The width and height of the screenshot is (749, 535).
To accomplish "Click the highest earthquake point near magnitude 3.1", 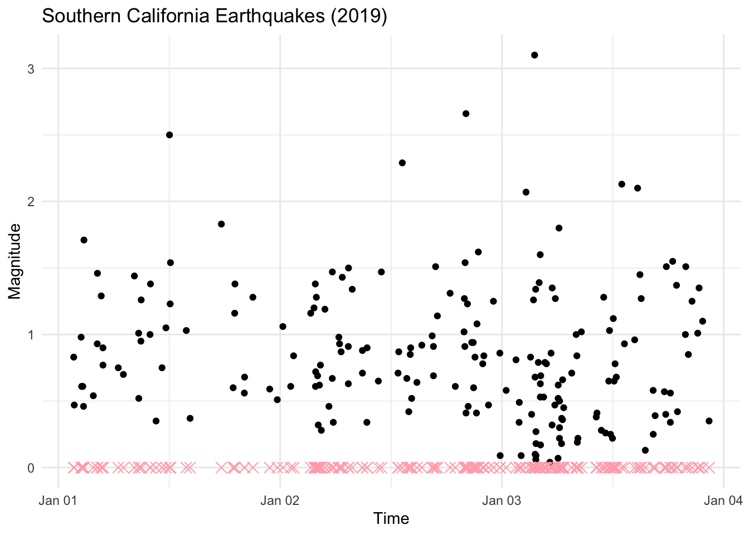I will pos(534,55).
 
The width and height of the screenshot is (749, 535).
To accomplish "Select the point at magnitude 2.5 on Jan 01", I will pos(169,135).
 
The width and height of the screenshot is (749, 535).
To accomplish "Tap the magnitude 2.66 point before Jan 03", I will pos(466,114).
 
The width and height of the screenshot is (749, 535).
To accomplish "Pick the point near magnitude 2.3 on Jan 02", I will pos(402,163).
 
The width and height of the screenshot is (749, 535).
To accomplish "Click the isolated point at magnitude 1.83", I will pos(221,224).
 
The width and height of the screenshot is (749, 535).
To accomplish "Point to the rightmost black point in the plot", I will pos(709,421).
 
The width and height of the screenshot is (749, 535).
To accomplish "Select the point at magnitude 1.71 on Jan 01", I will pos(84,240).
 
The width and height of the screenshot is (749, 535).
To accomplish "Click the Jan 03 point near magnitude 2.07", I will pos(526,192).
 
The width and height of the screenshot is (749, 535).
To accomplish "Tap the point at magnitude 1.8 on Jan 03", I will pos(559,228).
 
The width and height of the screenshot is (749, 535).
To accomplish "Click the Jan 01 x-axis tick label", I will pos(59,500).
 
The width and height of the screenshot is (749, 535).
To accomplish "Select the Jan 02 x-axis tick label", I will pos(280,500).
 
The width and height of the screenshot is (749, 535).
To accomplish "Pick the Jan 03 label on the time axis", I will pos(502,500).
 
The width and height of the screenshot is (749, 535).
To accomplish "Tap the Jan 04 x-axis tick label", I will pos(723,500).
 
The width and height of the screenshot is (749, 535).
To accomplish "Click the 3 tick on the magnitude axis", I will pos(31,69).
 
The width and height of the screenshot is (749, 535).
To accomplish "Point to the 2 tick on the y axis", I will pos(31,202).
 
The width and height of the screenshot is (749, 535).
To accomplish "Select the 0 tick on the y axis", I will pos(31,468).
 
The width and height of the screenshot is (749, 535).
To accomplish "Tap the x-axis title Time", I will pos(391,519).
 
